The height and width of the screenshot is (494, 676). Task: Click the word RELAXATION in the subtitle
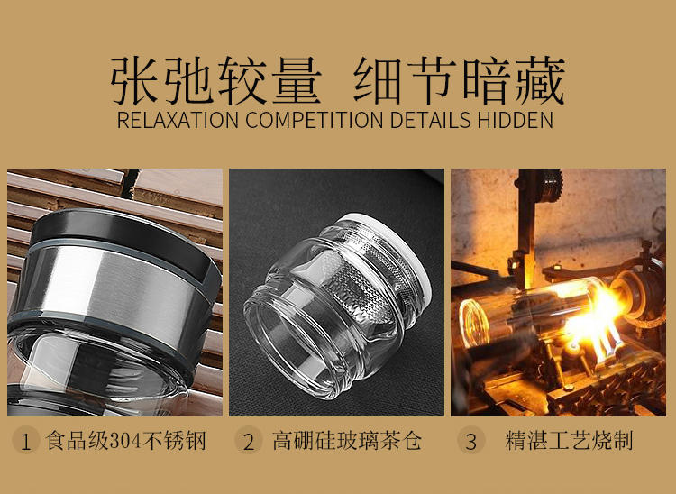[178, 120]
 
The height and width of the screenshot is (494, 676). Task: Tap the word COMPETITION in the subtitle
[315, 120]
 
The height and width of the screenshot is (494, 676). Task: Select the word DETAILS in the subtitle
[430, 120]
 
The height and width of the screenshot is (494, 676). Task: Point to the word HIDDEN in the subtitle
[515, 120]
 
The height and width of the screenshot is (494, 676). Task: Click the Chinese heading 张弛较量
[216, 80]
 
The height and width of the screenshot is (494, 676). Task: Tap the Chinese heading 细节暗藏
[460, 80]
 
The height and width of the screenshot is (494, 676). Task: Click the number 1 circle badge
[25, 441]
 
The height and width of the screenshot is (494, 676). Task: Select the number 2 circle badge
[249, 441]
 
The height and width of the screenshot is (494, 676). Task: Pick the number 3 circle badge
[471, 441]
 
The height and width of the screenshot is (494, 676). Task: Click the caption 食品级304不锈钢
[126, 441]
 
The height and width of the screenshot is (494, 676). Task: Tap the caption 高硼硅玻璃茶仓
[347, 441]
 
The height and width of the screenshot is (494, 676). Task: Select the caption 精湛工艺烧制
[569, 441]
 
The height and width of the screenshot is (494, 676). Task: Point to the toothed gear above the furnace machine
[551, 185]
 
